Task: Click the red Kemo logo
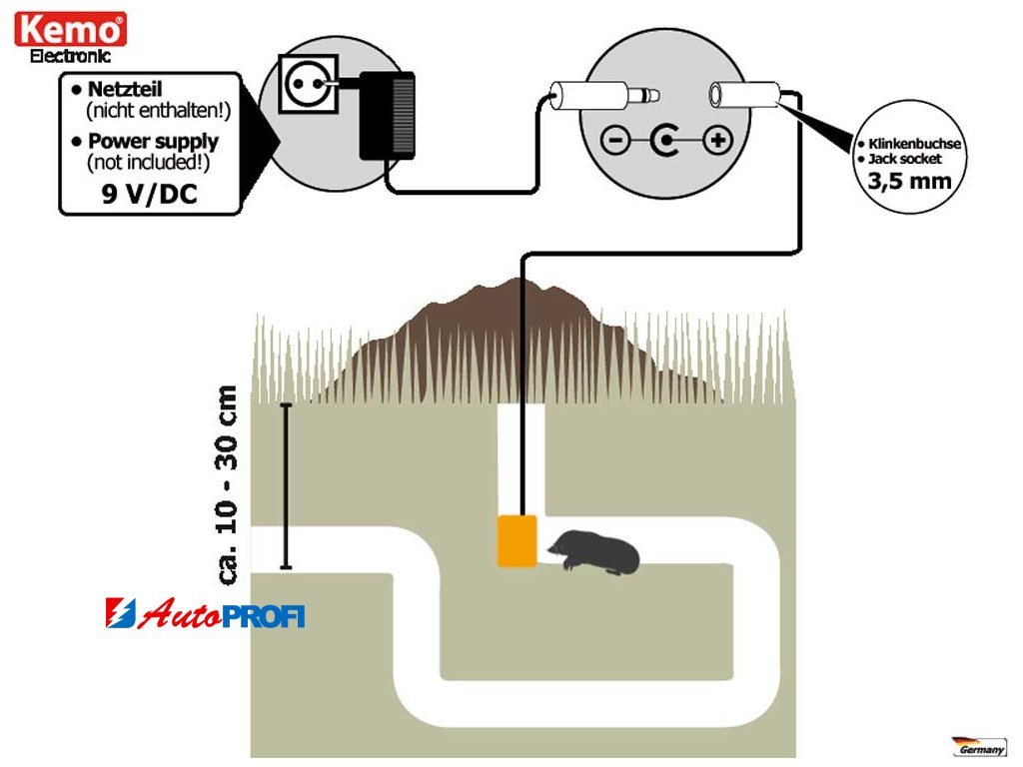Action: (x=71, y=29)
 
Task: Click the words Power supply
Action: (x=153, y=141)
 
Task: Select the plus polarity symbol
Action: (x=717, y=141)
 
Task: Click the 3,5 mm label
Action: (x=908, y=182)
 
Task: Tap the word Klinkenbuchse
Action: (x=914, y=145)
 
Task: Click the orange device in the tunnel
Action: (x=517, y=541)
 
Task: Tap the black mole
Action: (x=595, y=551)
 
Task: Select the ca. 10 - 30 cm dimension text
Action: (x=229, y=483)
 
